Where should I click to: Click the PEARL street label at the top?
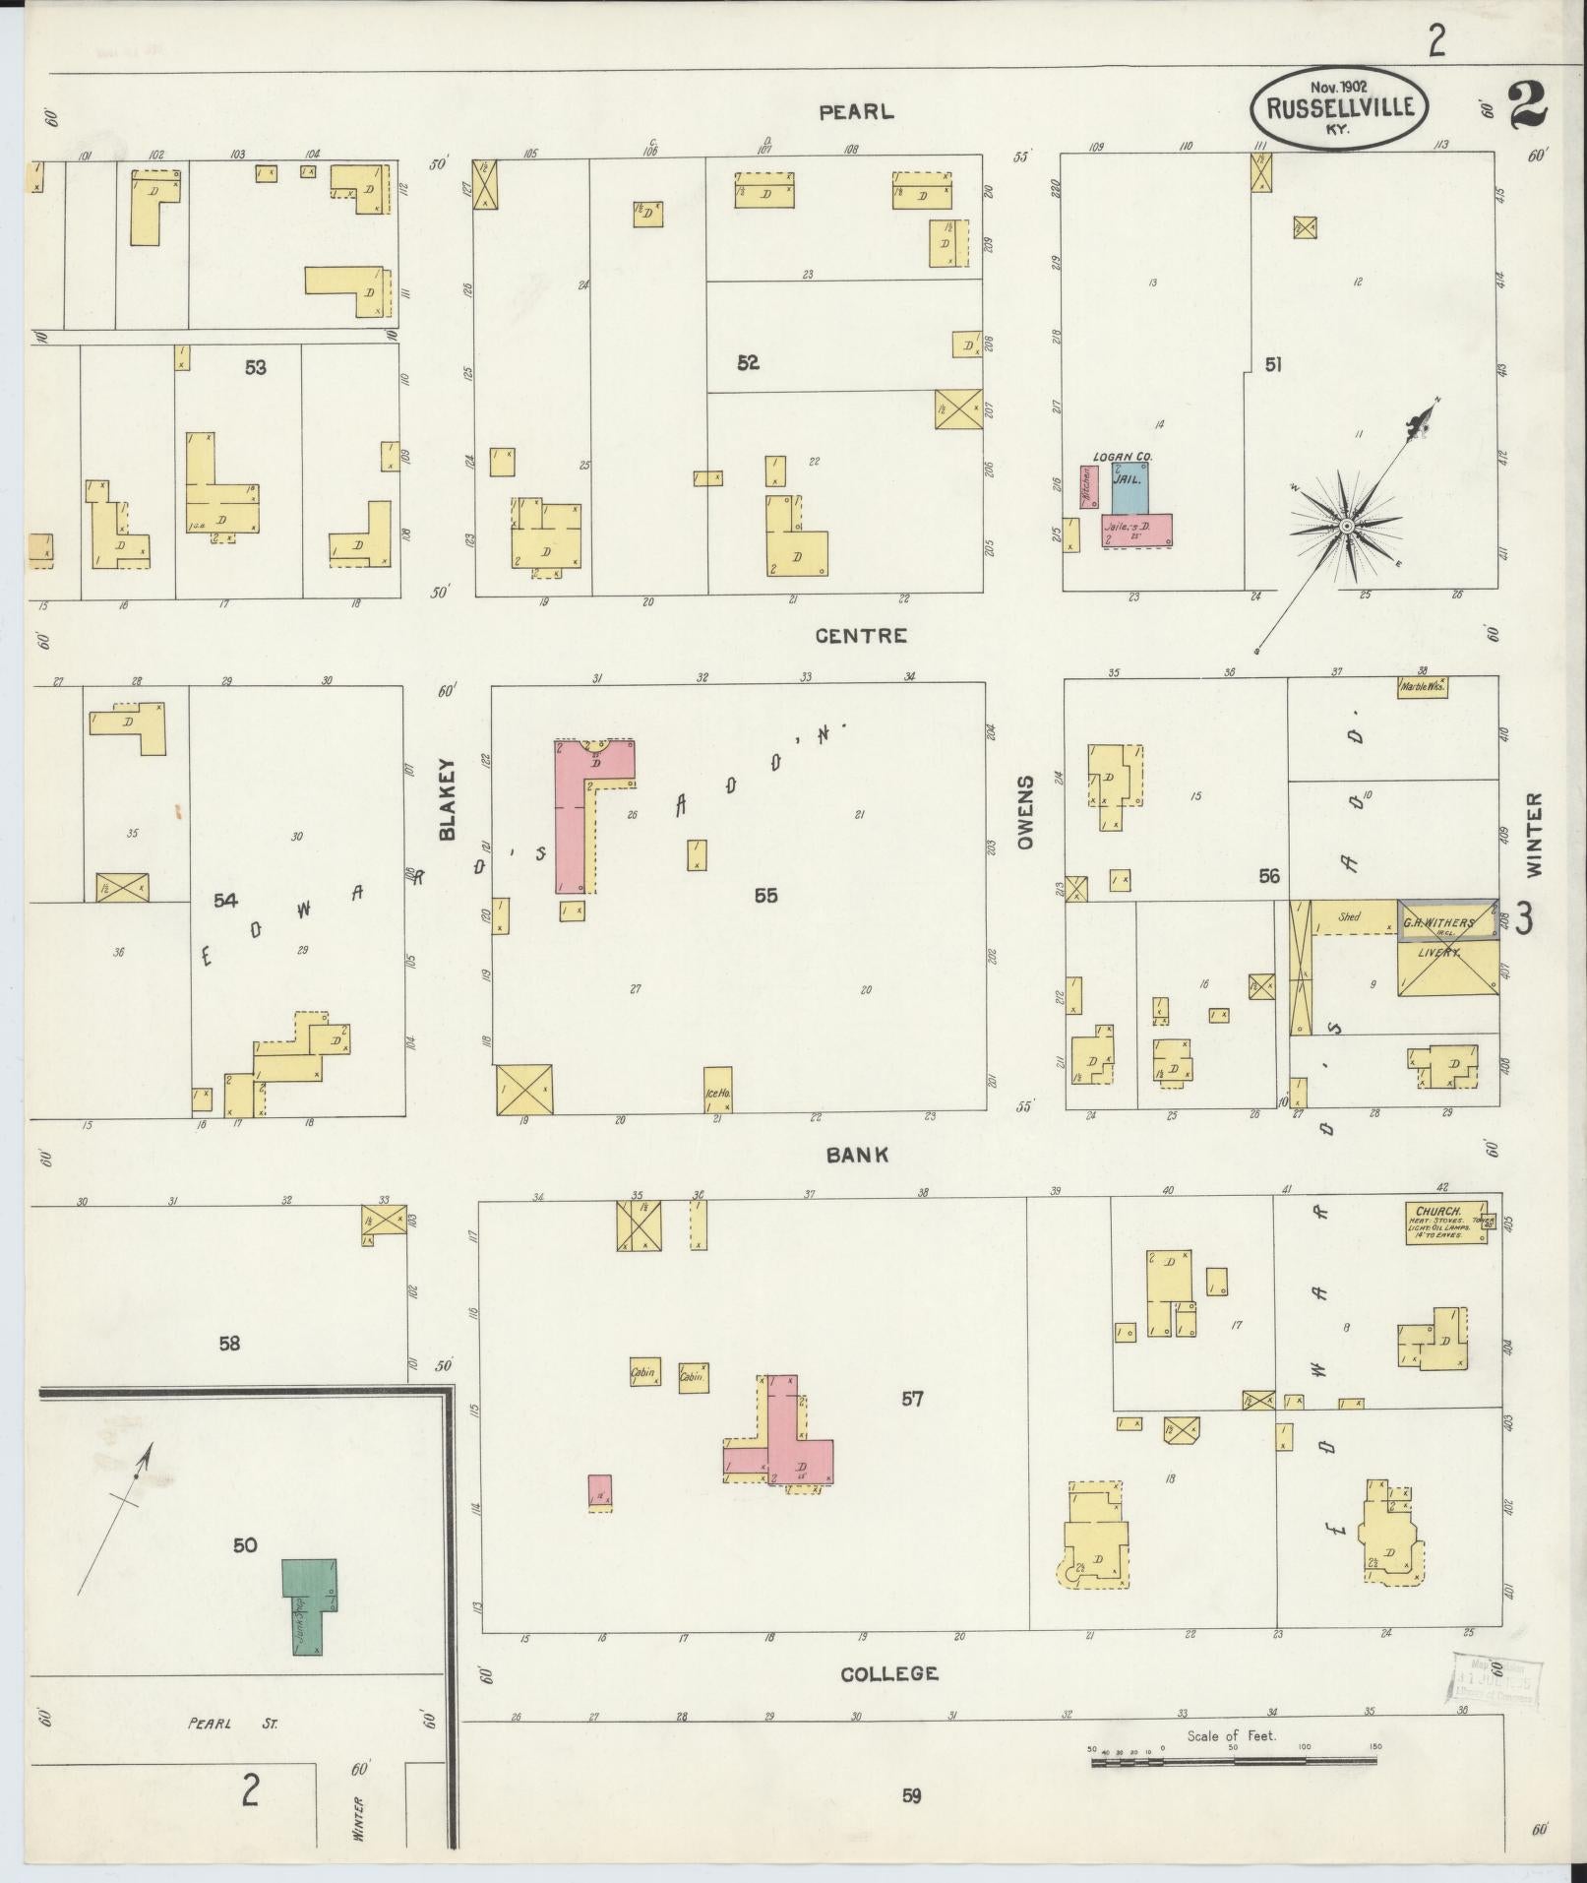click(x=857, y=112)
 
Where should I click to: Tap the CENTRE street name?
click(x=861, y=636)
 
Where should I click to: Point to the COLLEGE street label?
click(x=889, y=1673)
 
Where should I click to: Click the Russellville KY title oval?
click(x=1339, y=107)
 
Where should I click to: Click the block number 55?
click(x=765, y=895)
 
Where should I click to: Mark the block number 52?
click(x=748, y=362)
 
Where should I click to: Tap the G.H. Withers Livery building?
click(x=1446, y=947)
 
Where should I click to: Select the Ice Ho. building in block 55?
click(x=717, y=1090)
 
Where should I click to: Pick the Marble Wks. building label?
click(x=1422, y=687)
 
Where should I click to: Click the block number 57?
click(x=912, y=1399)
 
